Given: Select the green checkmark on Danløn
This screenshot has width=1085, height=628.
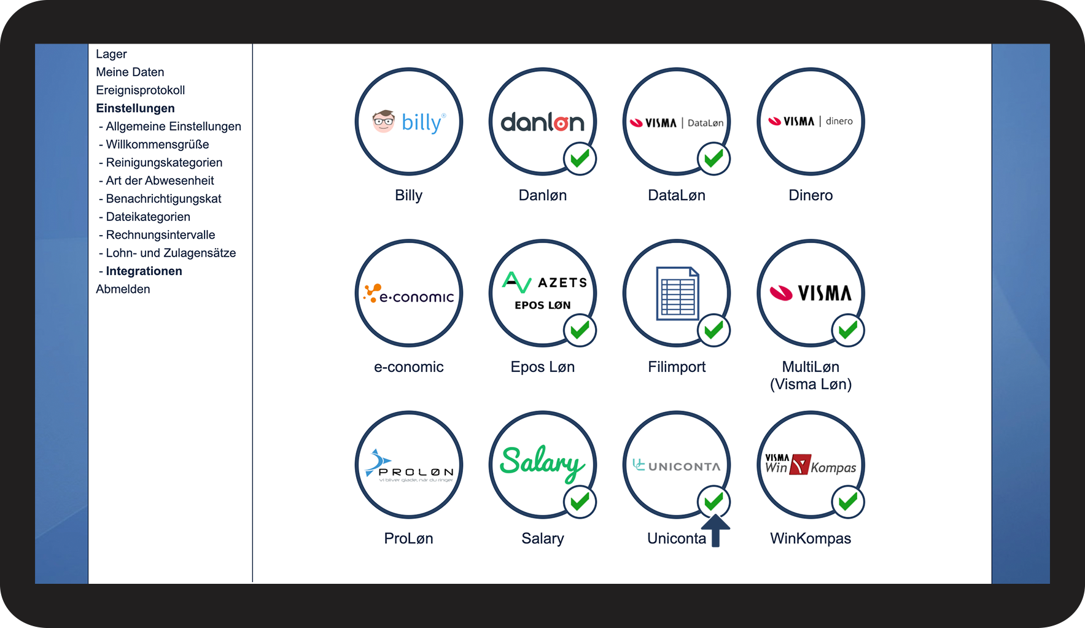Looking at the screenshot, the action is coord(580,159).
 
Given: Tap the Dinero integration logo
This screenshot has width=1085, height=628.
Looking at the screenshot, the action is coord(811,122).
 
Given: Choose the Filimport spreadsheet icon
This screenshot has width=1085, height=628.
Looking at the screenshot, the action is coord(677,293).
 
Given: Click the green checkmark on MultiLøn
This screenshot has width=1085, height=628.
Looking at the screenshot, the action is coord(848,331).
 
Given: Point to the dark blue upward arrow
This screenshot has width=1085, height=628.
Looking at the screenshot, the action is coord(715,530).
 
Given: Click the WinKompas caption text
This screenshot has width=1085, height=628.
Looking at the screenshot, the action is coord(811,538).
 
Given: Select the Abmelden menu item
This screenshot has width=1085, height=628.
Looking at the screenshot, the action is coord(123,289).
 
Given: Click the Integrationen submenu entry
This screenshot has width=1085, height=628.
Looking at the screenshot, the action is coord(144,271).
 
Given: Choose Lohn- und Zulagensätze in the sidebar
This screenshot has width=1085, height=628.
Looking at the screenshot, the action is coord(171,253).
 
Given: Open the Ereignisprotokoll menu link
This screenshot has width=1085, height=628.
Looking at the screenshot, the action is coord(140,90).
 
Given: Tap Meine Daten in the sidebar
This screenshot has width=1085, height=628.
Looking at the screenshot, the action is coord(130,72).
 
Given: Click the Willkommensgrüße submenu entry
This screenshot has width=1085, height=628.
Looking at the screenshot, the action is coord(157,144).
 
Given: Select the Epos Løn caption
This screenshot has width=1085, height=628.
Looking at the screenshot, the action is coord(542,367).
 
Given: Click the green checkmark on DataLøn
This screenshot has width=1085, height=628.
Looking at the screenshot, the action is coord(714,159).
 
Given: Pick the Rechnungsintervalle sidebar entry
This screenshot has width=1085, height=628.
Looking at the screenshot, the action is coord(160,235).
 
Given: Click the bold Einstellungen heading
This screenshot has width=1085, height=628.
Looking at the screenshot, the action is coord(135,108).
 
